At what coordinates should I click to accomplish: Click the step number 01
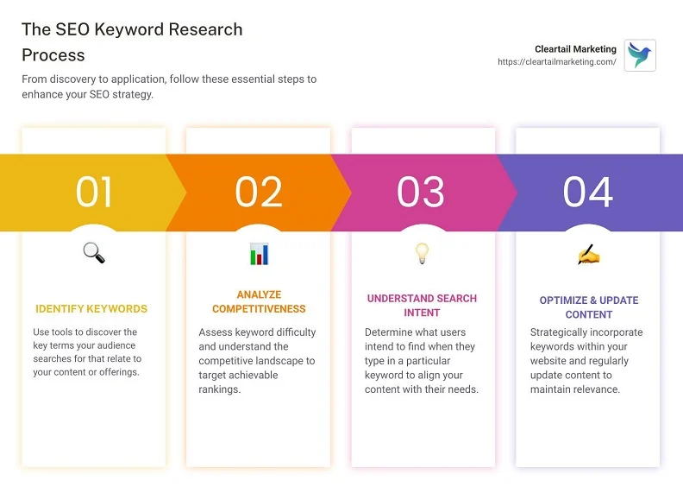pyautogui.click(x=94, y=192)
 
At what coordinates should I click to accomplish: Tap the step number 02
pyautogui.click(x=259, y=192)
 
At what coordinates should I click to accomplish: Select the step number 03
pyautogui.click(x=421, y=192)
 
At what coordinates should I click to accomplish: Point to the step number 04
pyautogui.click(x=588, y=192)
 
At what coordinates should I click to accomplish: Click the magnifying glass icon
pyautogui.click(x=94, y=253)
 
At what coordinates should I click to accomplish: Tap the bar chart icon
pyautogui.click(x=260, y=254)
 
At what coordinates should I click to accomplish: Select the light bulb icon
pyautogui.click(x=422, y=253)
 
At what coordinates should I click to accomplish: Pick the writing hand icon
pyautogui.click(x=588, y=255)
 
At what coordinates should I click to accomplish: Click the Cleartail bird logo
pyautogui.click(x=640, y=55)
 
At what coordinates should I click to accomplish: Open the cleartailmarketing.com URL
pyautogui.click(x=557, y=62)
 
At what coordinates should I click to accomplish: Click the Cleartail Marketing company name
pyautogui.click(x=575, y=49)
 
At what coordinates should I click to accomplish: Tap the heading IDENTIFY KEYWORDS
pyautogui.click(x=91, y=308)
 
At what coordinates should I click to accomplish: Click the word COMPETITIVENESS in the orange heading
pyautogui.click(x=259, y=308)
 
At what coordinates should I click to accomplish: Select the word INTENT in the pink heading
pyautogui.click(x=422, y=313)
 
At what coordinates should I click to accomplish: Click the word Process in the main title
pyautogui.click(x=53, y=55)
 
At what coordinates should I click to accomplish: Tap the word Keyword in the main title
pyautogui.click(x=129, y=29)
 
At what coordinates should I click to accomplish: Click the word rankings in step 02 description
pyautogui.click(x=220, y=389)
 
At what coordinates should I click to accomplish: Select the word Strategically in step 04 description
pyautogui.click(x=556, y=332)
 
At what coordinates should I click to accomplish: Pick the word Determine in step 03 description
pyautogui.click(x=387, y=332)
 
